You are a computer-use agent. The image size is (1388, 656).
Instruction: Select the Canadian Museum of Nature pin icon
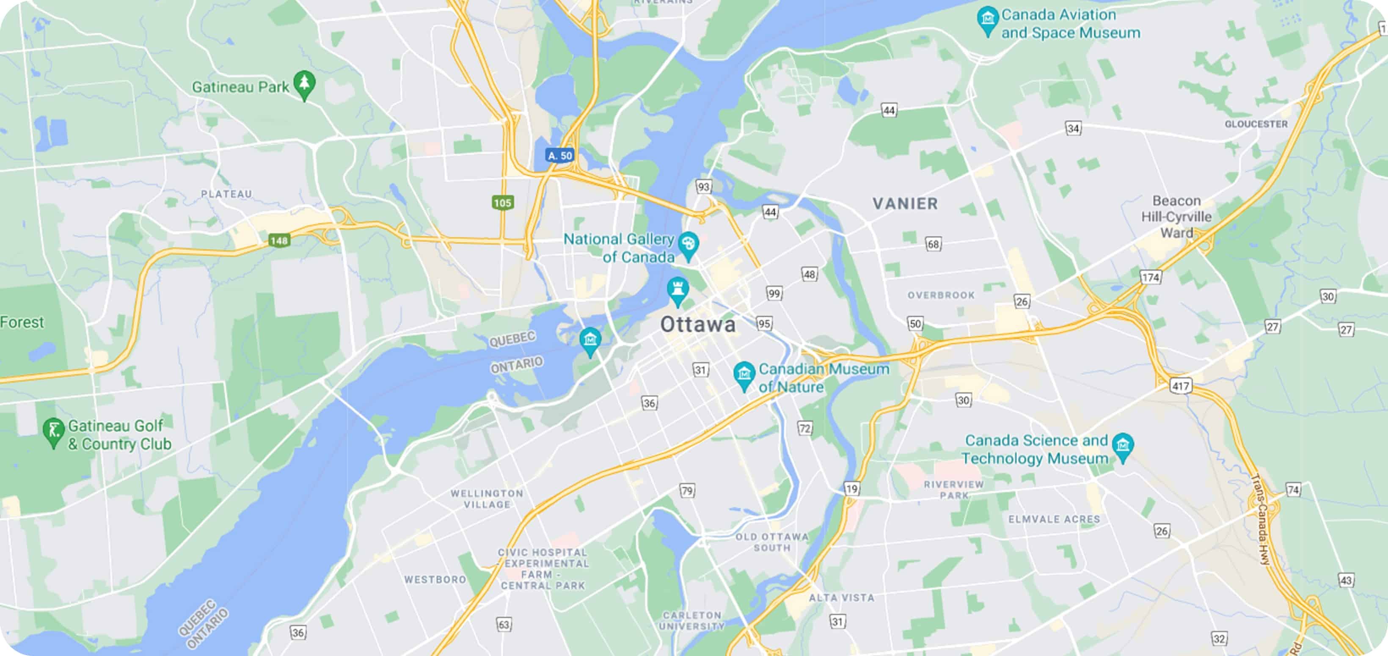click(744, 374)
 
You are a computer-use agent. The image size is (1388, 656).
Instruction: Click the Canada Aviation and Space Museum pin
click(987, 20)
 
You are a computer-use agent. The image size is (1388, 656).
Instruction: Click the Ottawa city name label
click(698, 325)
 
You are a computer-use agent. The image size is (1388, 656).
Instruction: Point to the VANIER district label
click(905, 204)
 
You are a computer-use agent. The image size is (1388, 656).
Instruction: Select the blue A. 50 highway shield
click(560, 156)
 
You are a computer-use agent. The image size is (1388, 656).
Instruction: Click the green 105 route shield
click(502, 203)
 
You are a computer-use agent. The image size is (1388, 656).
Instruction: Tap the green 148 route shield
click(279, 240)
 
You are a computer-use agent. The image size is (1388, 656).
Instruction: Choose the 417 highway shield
click(1181, 386)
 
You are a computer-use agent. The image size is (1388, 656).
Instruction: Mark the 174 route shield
click(1150, 278)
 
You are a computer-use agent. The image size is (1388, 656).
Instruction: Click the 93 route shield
click(703, 187)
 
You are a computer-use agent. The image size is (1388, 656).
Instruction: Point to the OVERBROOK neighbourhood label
click(941, 295)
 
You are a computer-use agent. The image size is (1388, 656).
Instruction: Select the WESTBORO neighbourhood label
click(435, 579)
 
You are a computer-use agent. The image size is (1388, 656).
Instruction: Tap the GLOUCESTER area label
click(1256, 124)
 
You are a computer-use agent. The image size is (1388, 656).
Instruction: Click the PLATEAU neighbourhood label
click(226, 194)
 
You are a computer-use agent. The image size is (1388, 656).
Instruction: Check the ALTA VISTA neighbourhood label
click(841, 598)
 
